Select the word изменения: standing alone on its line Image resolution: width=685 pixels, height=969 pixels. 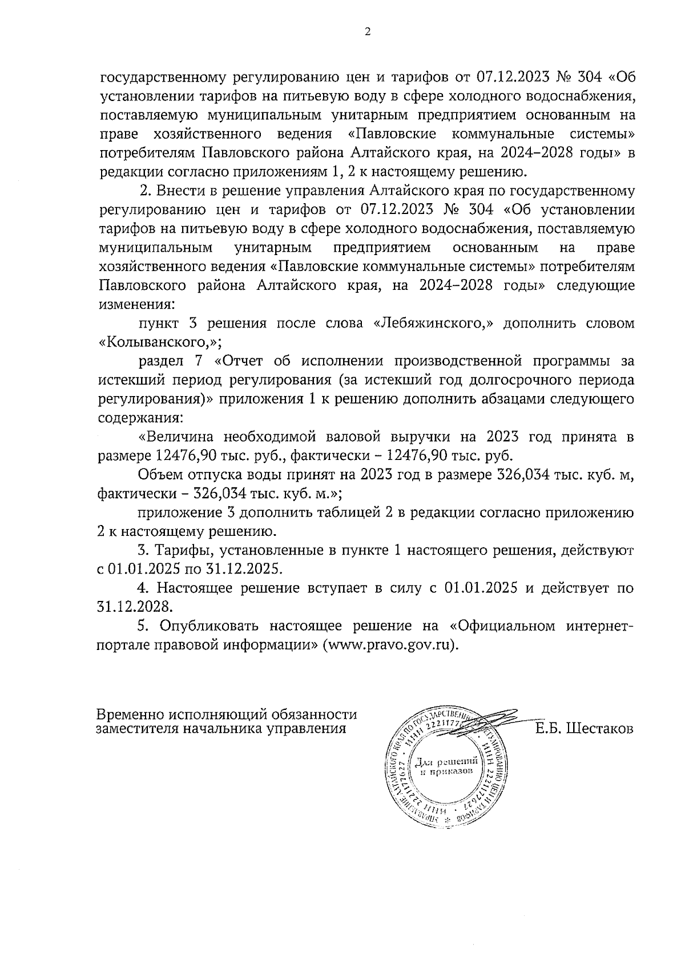coord(136,304)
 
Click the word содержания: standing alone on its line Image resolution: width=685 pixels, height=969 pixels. coord(140,418)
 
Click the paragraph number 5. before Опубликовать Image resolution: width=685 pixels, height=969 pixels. coord(143,625)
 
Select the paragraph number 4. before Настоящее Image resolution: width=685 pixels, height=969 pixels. coord(143,588)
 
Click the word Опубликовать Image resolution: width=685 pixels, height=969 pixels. coord(210,625)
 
